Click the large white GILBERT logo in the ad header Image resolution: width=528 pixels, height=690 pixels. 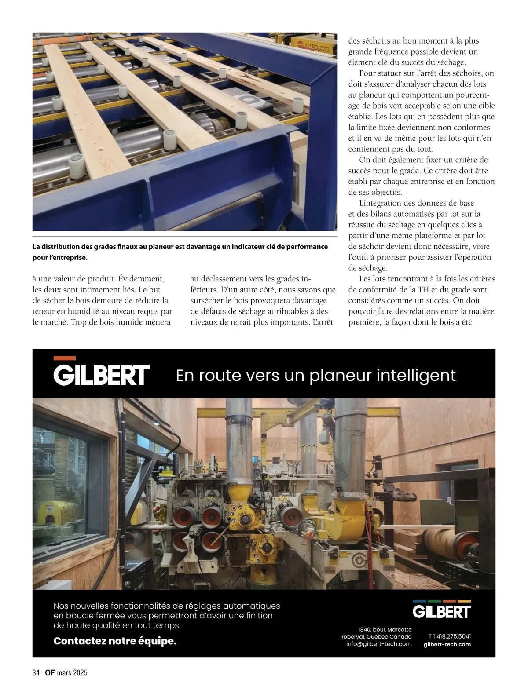101,375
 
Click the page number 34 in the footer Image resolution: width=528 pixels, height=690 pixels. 36,673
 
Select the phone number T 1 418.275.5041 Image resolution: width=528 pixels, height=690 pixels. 449,636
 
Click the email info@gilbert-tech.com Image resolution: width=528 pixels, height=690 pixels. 379,644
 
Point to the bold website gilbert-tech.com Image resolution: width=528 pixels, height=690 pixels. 447,644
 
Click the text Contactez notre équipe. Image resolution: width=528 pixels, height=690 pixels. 115,641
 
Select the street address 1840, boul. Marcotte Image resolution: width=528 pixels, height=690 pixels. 385,629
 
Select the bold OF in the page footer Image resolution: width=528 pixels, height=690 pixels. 49,673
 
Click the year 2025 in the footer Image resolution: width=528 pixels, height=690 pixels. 80,673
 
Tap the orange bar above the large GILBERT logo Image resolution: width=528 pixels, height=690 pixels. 64,358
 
